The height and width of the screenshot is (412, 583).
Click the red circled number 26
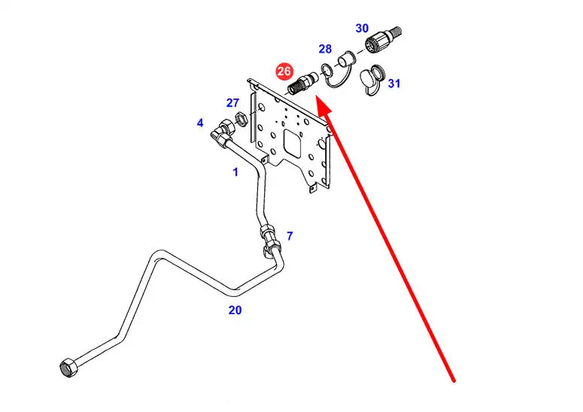[x=284, y=71]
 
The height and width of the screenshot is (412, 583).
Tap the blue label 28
[x=325, y=49]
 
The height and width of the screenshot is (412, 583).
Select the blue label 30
[x=362, y=28]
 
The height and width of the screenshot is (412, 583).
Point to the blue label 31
[x=394, y=83]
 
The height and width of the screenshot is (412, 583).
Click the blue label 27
[x=233, y=103]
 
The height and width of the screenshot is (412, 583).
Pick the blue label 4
[x=200, y=123]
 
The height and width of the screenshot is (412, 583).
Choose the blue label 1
[x=235, y=172]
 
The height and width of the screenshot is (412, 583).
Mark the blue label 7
[x=290, y=235]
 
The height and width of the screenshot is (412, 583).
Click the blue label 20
[x=235, y=309]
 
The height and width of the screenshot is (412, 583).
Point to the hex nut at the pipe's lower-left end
[x=66, y=369]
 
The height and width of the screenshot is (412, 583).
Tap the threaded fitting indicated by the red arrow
[x=303, y=82]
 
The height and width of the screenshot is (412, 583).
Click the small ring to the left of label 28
[x=327, y=71]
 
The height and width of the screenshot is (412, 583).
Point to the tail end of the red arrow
[x=454, y=381]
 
